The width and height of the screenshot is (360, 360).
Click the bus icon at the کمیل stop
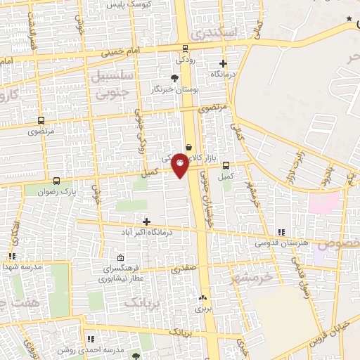[226, 166]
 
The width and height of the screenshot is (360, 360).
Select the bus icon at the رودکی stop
[185, 49]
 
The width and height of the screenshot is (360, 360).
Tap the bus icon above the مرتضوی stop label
[41, 121]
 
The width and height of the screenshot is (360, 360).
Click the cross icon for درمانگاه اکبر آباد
[146, 221]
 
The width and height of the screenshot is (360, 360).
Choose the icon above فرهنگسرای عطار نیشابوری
[120, 257]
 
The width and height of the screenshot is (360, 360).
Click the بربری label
[202, 308]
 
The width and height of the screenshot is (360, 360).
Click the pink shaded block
[324, 202]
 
